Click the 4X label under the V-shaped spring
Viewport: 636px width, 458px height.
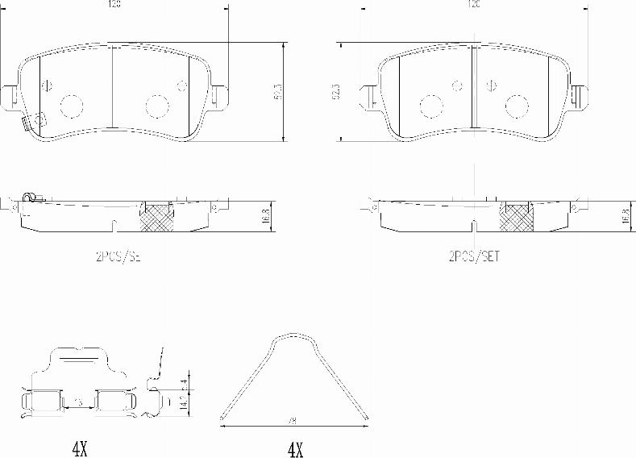(x=294, y=448)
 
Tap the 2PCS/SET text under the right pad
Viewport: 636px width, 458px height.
(x=475, y=257)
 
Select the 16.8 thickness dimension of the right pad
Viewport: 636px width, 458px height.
(x=625, y=215)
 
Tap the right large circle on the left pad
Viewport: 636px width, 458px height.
(x=155, y=105)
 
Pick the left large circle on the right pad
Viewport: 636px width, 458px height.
(x=430, y=105)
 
